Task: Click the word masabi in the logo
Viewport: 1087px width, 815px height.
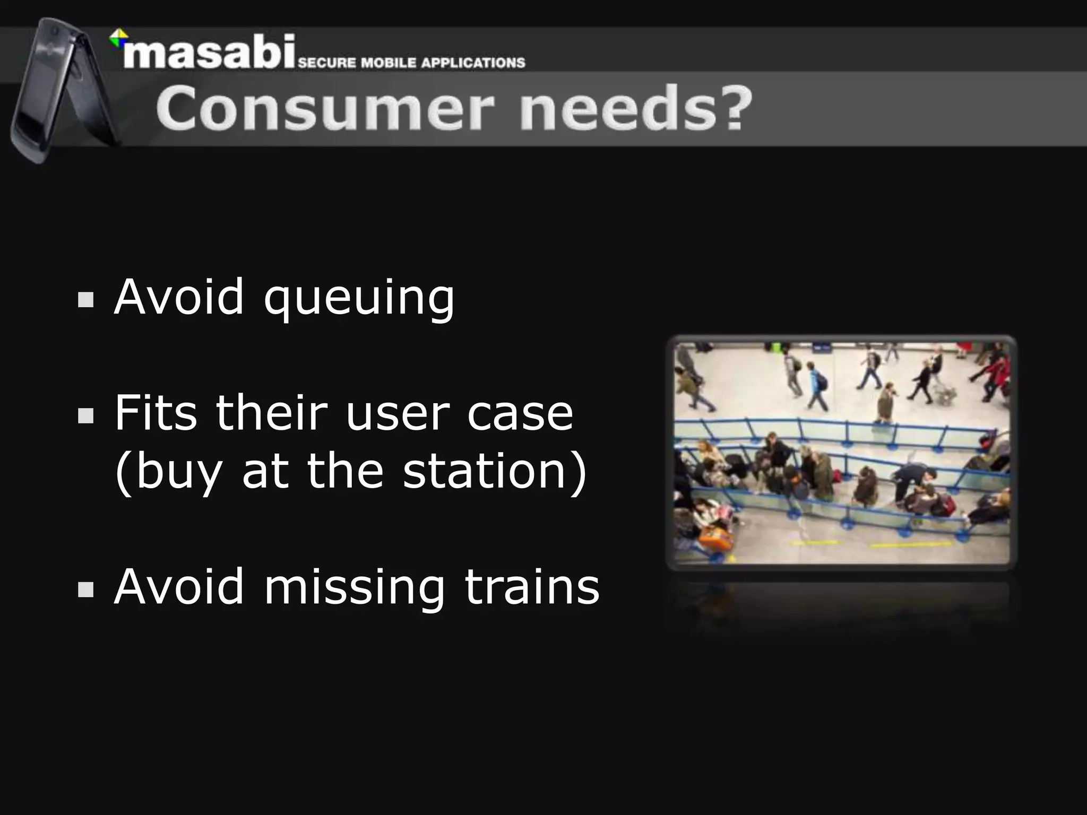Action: pyautogui.click(x=208, y=53)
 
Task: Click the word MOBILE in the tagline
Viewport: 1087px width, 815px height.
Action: pyautogui.click(x=389, y=63)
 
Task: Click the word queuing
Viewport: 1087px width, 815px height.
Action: pyautogui.click(x=359, y=298)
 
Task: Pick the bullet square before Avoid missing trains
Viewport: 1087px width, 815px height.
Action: pyautogui.click(x=85, y=589)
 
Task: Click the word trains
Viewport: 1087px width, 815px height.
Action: pyautogui.click(x=532, y=587)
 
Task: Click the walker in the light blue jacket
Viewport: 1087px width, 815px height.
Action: pyautogui.click(x=815, y=385)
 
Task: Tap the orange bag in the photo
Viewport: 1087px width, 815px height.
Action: pyautogui.click(x=715, y=537)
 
